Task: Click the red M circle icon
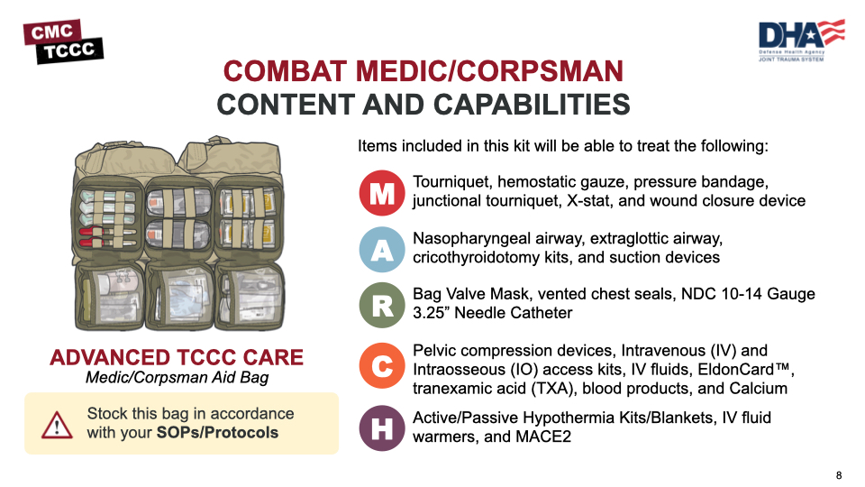[x=382, y=194]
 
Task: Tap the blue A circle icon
[x=382, y=250]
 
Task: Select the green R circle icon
[x=382, y=306]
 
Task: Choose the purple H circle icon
[x=382, y=428]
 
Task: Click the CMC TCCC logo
[x=63, y=41]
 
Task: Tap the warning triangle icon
[x=57, y=423]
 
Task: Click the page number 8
[x=839, y=475]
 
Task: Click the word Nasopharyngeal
[x=469, y=238]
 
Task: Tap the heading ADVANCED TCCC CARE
[x=177, y=357]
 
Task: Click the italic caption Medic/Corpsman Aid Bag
[x=177, y=378]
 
